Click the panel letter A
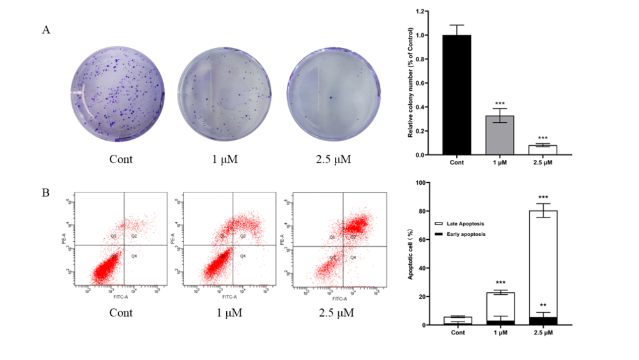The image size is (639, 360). coord(46,30)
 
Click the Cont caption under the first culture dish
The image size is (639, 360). coord(120,159)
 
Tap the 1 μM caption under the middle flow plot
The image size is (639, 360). coord(225,313)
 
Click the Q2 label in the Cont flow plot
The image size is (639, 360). coord(134,236)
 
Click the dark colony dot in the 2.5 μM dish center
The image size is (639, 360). coord(332,98)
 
